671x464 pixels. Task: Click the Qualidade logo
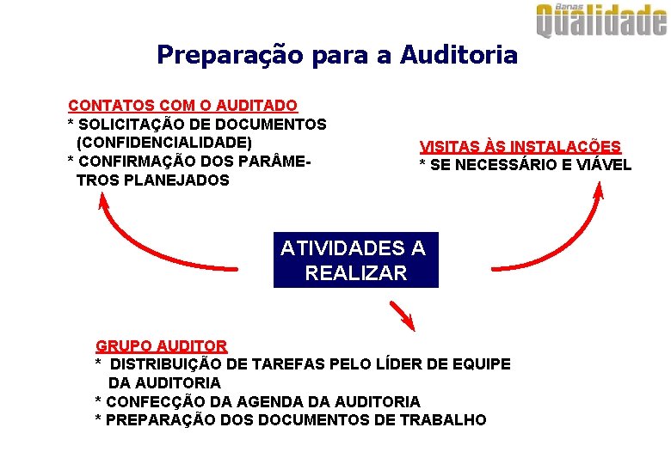(x=601, y=21)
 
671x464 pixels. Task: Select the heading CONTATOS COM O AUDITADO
(x=182, y=106)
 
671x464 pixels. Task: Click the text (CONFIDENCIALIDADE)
(x=163, y=143)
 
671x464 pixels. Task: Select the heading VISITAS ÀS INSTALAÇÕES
(x=520, y=147)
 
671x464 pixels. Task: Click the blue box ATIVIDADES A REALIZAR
(x=354, y=260)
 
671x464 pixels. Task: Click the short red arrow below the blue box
(x=402, y=315)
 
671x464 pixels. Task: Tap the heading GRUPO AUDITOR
(x=161, y=346)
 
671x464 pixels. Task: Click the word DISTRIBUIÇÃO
(x=171, y=364)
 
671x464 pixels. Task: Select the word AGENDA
(x=258, y=401)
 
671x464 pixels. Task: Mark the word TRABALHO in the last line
(x=447, y=420)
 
